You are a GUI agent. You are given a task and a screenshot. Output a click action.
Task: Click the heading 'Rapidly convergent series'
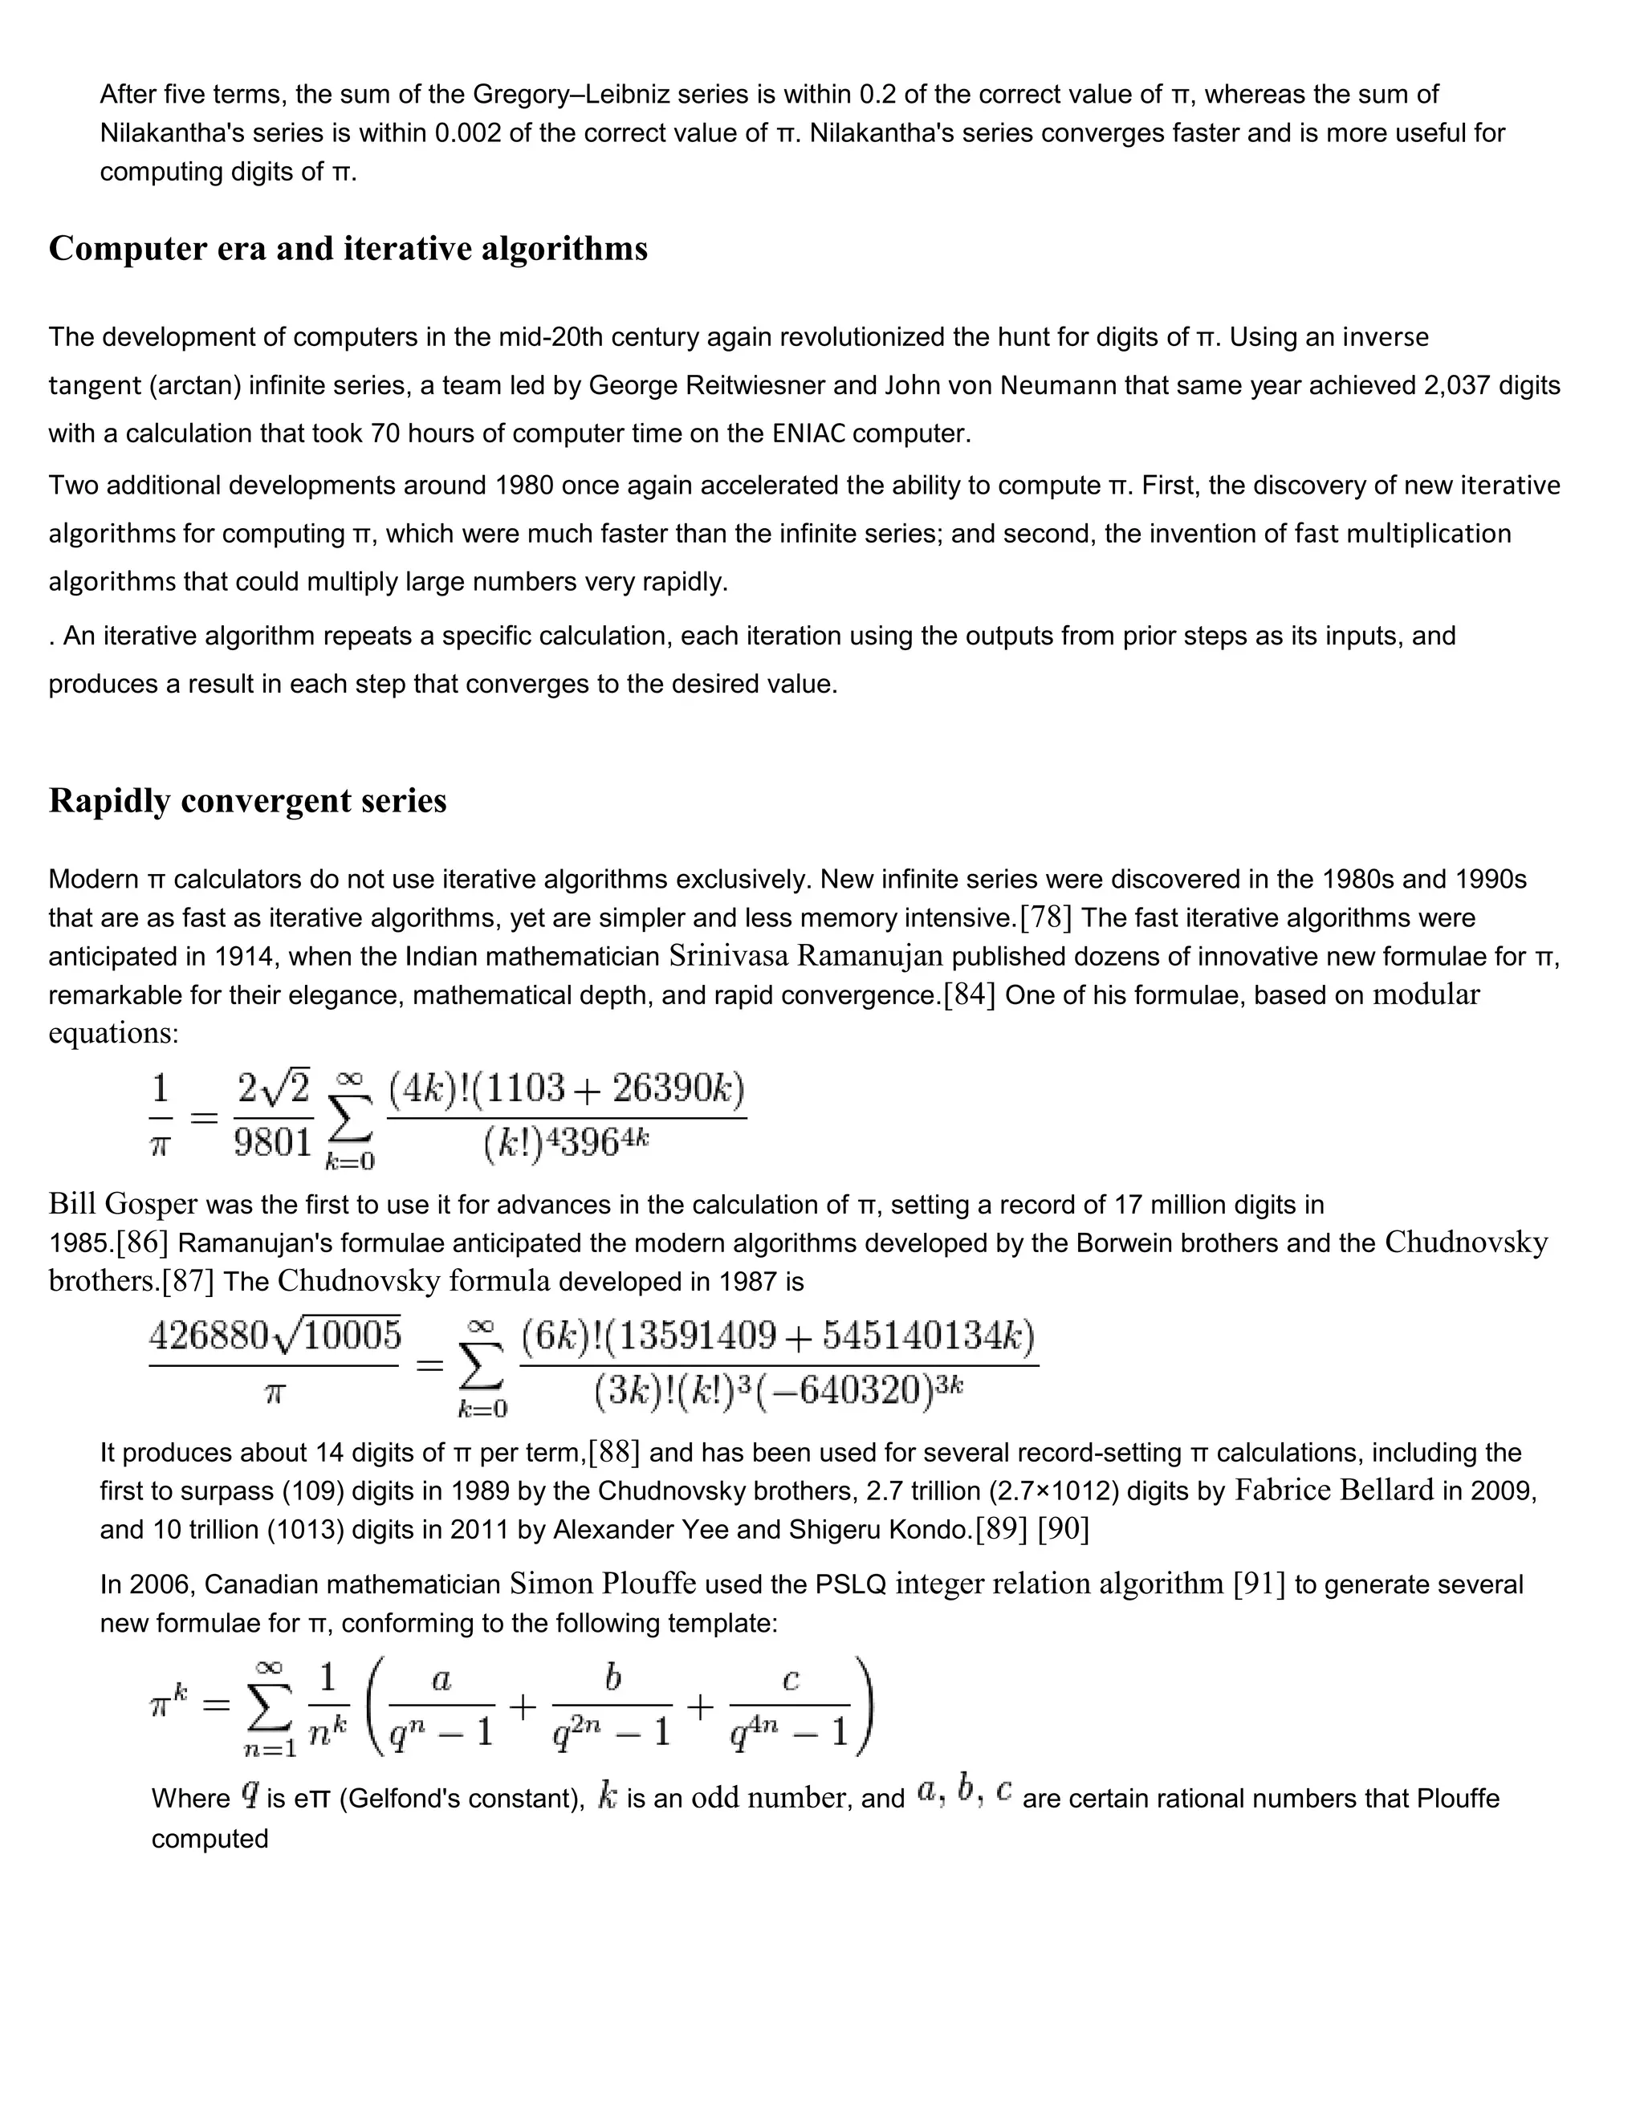click(247, 800)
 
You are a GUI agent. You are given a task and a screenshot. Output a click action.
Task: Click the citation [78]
click(1046, 917)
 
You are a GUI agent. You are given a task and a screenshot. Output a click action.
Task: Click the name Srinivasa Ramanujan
click(805, 957)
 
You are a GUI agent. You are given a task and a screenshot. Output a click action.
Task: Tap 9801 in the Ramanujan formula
click(273, 1141)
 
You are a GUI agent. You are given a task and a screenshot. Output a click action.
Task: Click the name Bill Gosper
click(123, 1205)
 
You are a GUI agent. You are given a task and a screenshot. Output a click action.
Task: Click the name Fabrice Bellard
click(1334, 1491)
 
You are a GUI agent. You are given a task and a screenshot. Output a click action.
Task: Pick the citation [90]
click(1064, 1530)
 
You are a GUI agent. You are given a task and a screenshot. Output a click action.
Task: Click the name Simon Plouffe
click(602, 1584)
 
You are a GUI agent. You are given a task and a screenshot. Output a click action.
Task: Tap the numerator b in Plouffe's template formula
click(612, 1677)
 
